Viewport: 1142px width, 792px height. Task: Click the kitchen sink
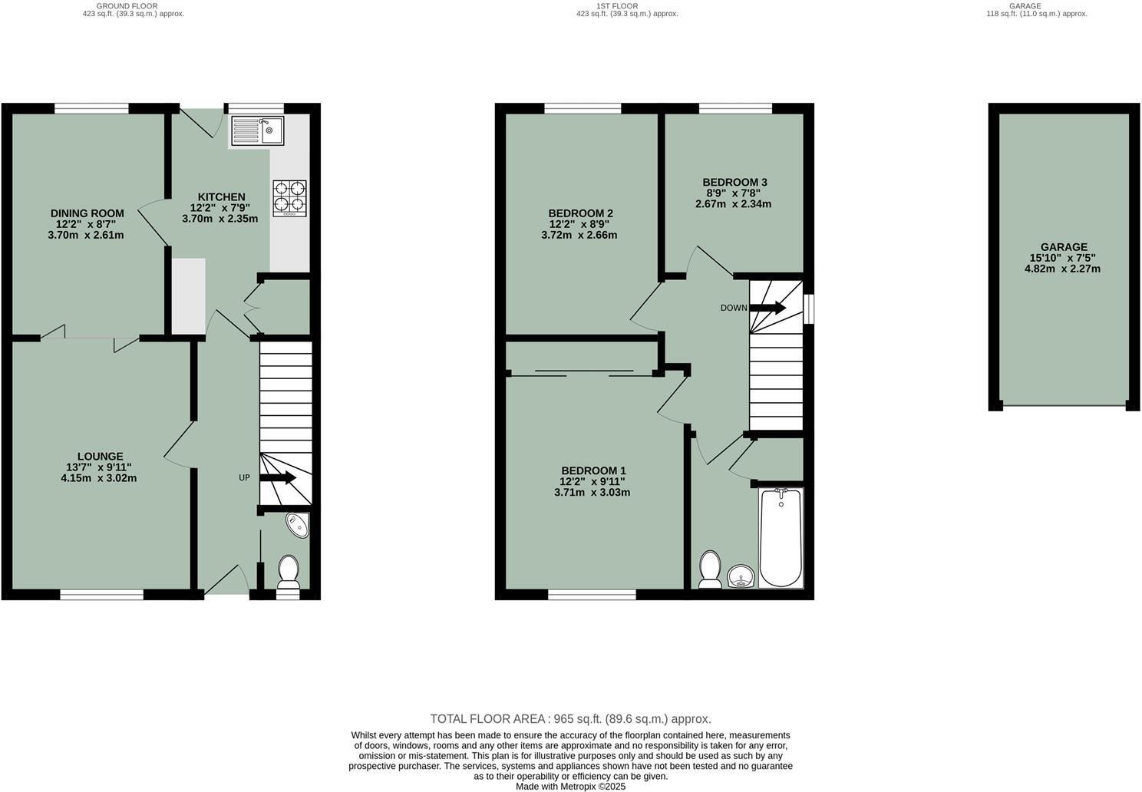[257, 130]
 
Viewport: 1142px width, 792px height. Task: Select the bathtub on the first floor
[781, 538]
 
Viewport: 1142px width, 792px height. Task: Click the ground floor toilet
[289, 573]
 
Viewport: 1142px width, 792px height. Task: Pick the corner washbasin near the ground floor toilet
[297, 524]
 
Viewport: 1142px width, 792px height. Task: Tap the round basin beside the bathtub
[740, 576]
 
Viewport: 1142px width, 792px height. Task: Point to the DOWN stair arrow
[767, 308]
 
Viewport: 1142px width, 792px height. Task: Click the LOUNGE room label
[100, 456]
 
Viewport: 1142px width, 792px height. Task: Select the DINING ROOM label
[87, 213]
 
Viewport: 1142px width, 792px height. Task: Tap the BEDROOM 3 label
[734, 182]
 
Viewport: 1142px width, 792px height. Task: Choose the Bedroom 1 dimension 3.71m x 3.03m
[592, 492]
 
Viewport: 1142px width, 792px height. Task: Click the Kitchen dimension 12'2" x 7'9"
[220, 207]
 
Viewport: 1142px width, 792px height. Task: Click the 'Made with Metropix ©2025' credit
[570, 787]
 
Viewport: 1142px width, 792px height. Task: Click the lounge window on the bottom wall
[102, 594]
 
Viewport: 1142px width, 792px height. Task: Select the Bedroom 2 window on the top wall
[583, 108]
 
